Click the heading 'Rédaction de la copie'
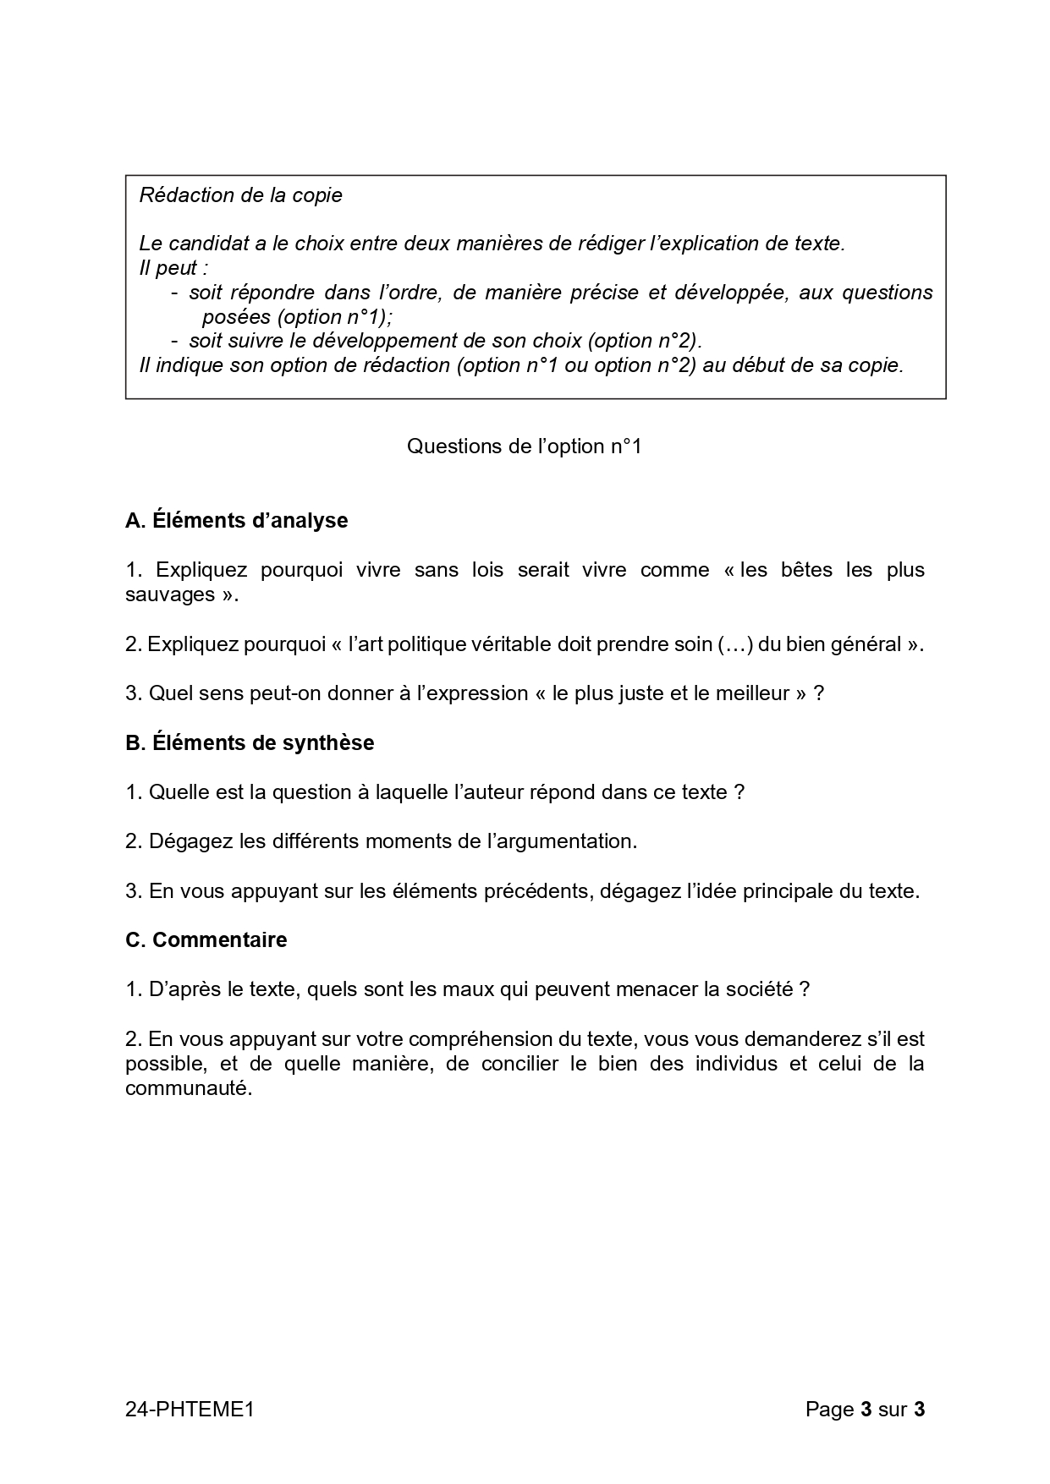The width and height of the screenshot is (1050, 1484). (241, 195)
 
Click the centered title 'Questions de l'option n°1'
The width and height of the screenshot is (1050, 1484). (525, 446)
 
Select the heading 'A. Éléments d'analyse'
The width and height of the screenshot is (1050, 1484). (237, 520)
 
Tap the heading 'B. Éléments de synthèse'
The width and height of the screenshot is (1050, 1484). (250, 742)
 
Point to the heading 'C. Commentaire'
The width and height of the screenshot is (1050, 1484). (206, 939)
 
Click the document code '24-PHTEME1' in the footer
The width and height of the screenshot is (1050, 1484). (190, 1409)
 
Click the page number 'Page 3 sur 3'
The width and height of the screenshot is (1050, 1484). (865, 1409)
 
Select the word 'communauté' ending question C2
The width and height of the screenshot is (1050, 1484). (189, 1088)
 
